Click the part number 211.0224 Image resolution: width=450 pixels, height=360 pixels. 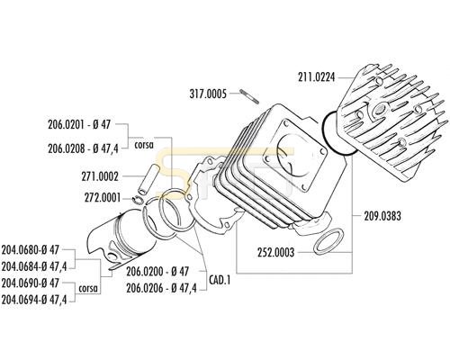tap(316, 77)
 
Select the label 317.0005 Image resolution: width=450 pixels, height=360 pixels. tap(208, 94)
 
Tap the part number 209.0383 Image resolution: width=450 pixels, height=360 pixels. tap(382, 216)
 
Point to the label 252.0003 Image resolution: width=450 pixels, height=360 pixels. tap(275, 252)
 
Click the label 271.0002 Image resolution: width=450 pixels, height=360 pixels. tap(100, 176)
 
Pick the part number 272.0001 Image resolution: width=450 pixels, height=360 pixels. tap(103, 198)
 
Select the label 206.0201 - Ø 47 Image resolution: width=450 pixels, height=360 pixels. tap(79, 124)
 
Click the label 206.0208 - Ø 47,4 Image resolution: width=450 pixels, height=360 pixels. tap(83, 148)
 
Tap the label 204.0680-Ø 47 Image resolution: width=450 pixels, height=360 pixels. tap(31, 249)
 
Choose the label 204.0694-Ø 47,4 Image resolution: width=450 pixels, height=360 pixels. tap(34, 299)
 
